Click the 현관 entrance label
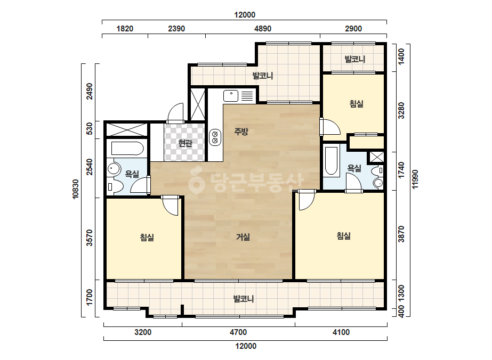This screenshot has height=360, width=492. [x=185, y=143]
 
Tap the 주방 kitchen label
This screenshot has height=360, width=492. [x=241, y=132]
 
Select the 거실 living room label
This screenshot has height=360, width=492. [x=243, y=237]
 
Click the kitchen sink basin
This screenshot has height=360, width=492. [x=231, y=96]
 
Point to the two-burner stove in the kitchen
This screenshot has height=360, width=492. [x=215, y=137]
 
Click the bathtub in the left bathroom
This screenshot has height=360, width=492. [x=127, y=149]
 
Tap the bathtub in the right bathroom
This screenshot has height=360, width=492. [x=331, y=161]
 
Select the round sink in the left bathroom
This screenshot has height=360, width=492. [x=114, y=169]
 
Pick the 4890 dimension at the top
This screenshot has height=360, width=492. [x=263, y=29]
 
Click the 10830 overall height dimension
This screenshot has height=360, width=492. [x=76, y=189]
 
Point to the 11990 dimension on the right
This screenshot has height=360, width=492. [x=415, y=179]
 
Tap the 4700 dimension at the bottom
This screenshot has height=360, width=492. [x=238, y=332]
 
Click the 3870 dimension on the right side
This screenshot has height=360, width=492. [x=401, y=234]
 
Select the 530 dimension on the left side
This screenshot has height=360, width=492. [x=90, y=129]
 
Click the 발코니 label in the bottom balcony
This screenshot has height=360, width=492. [x=244, y=299]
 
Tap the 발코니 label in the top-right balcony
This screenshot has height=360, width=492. [x=355, y=59]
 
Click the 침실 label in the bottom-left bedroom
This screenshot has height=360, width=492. [x=147, y=237]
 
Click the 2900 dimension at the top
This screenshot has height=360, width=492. [x=353, y=29]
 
